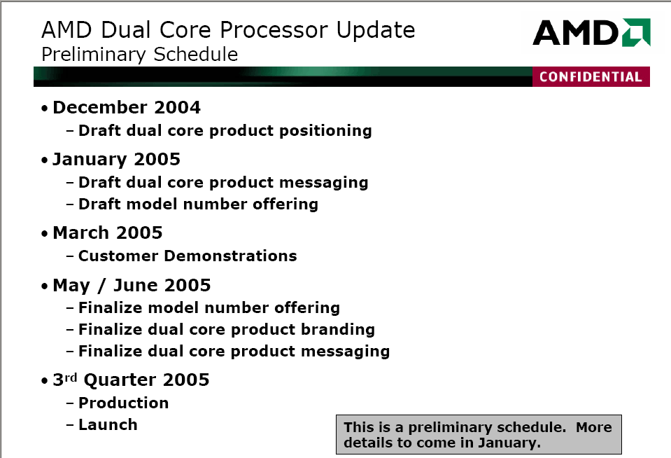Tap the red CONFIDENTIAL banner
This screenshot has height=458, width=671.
(591, 77)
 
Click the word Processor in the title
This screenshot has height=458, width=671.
(274, 30)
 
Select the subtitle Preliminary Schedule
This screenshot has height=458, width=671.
(139, 55)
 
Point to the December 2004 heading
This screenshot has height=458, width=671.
(126, 107)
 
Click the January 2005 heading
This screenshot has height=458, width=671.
(116, 160)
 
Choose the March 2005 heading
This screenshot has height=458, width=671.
(108, 233)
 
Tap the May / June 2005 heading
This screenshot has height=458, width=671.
(132, 285)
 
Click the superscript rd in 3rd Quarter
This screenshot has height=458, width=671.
(71, 377)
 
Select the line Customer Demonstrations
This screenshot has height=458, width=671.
(188, 256)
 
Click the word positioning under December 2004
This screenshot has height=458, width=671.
(325, 131)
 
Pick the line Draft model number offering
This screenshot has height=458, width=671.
(198, 204)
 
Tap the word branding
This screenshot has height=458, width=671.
(338, 329)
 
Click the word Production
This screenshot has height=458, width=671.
(124, 403)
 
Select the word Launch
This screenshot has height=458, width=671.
(108, 424)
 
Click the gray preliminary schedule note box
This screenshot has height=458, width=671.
(479, 434)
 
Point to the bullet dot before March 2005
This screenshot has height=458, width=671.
(45, 234)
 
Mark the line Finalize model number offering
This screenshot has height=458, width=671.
(209, 307)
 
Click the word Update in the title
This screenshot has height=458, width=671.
(376, 31)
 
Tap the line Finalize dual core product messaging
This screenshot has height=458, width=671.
(234, 352)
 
